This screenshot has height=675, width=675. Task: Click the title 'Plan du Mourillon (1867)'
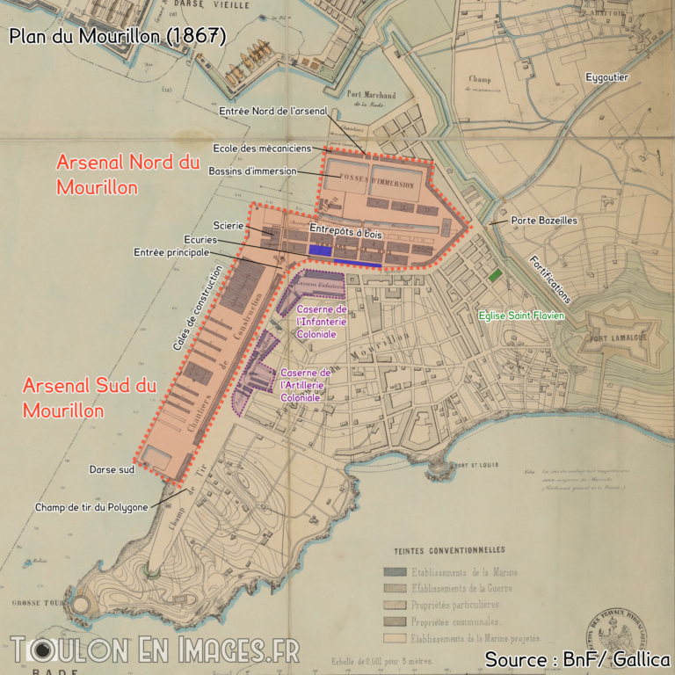[x=118, y=36]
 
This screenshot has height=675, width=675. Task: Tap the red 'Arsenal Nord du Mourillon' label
[x=128, y=175]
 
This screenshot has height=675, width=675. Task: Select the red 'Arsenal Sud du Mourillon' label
[x=90, y=397]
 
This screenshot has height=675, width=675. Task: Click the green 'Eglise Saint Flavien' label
[x=522, y=315]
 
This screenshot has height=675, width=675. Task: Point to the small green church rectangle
[x=496, y=275]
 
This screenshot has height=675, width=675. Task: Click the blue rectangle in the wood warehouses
[x=320, y=250]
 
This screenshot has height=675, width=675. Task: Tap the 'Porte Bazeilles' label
[x=544, y=220]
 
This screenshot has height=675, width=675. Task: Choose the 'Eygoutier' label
[x=607, y=77]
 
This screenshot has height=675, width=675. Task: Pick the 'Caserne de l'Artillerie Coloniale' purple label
[x=305, y=386]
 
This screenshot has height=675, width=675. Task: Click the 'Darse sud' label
[x=112, y=468]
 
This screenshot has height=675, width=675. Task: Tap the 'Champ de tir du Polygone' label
[x=91, y=507]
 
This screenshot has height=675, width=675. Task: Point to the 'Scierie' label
[x=229, y=226]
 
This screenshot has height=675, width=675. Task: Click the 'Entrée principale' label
[x=171, y=252]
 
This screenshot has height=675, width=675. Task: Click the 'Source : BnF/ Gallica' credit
[x=577, y=658]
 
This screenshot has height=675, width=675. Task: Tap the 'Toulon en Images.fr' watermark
[x=155, y=650]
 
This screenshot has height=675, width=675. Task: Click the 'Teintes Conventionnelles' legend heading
[x=450, y=549]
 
